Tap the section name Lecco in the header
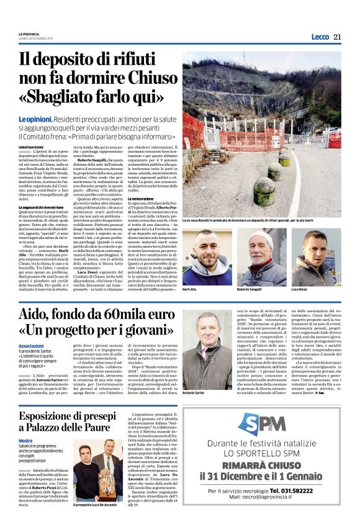click(320, 37)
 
